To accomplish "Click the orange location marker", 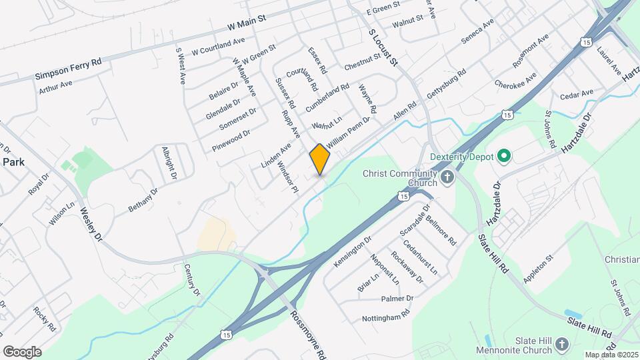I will tap(320, 159).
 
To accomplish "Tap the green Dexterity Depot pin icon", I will tap(504, 157).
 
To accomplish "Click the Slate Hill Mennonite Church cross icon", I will tap(562, 344).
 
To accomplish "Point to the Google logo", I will tap(22, 351).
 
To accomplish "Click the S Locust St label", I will tap(383, 46).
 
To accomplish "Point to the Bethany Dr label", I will tap(143, 199).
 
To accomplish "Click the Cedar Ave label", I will tap(577, 94).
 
